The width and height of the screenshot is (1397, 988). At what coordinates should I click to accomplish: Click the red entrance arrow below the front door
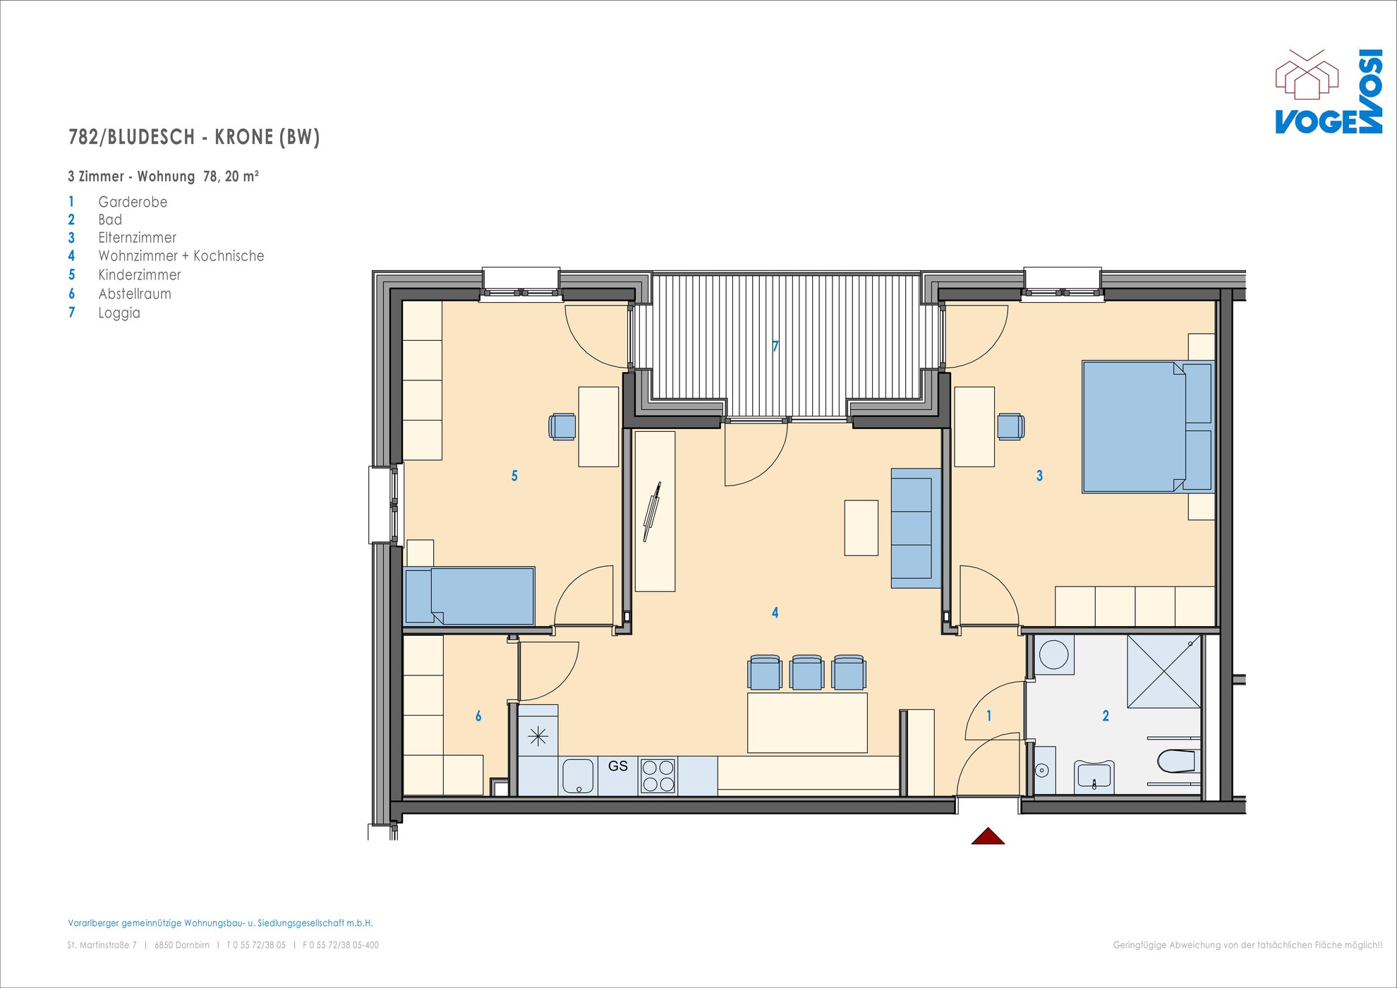click(988, 836)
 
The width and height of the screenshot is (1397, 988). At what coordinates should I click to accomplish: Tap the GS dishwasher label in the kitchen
click(618, 766)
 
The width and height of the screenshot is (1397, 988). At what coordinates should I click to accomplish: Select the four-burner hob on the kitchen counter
click(658, 776)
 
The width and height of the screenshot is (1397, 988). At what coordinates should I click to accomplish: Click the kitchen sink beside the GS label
click(578, 776)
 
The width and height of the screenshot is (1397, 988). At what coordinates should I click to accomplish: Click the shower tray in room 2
click(1164, 671)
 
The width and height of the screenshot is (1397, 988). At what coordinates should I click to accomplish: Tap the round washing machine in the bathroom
click(1053, 654)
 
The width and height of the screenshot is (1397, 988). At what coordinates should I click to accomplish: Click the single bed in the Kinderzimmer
click(469, 596)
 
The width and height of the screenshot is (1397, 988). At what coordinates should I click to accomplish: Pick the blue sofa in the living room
click(916, 528)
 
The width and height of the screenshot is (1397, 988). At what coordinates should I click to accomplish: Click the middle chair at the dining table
click(807, 672)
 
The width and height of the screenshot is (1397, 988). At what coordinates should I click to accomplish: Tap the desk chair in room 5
click(562, 426)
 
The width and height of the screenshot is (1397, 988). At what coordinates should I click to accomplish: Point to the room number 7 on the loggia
click(775, 346)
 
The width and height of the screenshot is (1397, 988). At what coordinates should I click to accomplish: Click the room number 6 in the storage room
click(478, 716)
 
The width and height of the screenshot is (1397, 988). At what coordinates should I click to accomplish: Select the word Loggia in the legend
click(119, 313)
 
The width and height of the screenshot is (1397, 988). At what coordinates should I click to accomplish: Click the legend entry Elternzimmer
click(137, 238)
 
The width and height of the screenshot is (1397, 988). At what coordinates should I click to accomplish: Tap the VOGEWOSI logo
click(1329, 91)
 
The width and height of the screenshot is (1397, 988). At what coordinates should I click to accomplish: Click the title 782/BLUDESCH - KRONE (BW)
click(194, 137)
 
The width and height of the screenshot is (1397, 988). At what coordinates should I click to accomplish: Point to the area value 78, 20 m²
click(231, 176)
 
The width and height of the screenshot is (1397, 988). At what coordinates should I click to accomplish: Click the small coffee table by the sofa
click(861, 528)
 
